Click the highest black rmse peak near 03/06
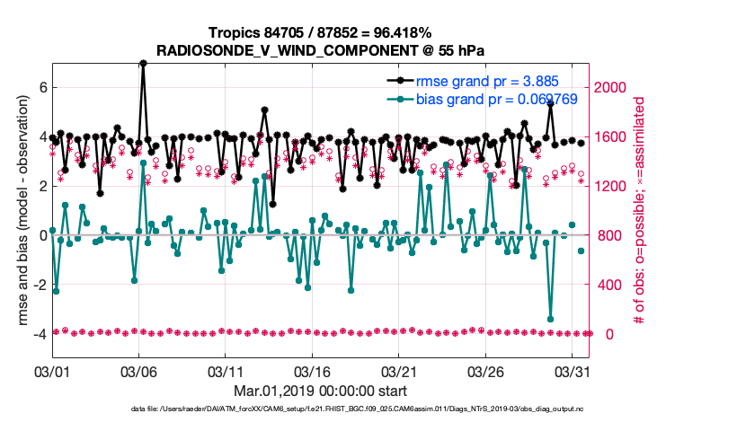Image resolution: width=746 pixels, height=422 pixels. point(143,64)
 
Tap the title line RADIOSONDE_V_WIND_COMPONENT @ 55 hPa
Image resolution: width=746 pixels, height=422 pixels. point(322,51)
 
